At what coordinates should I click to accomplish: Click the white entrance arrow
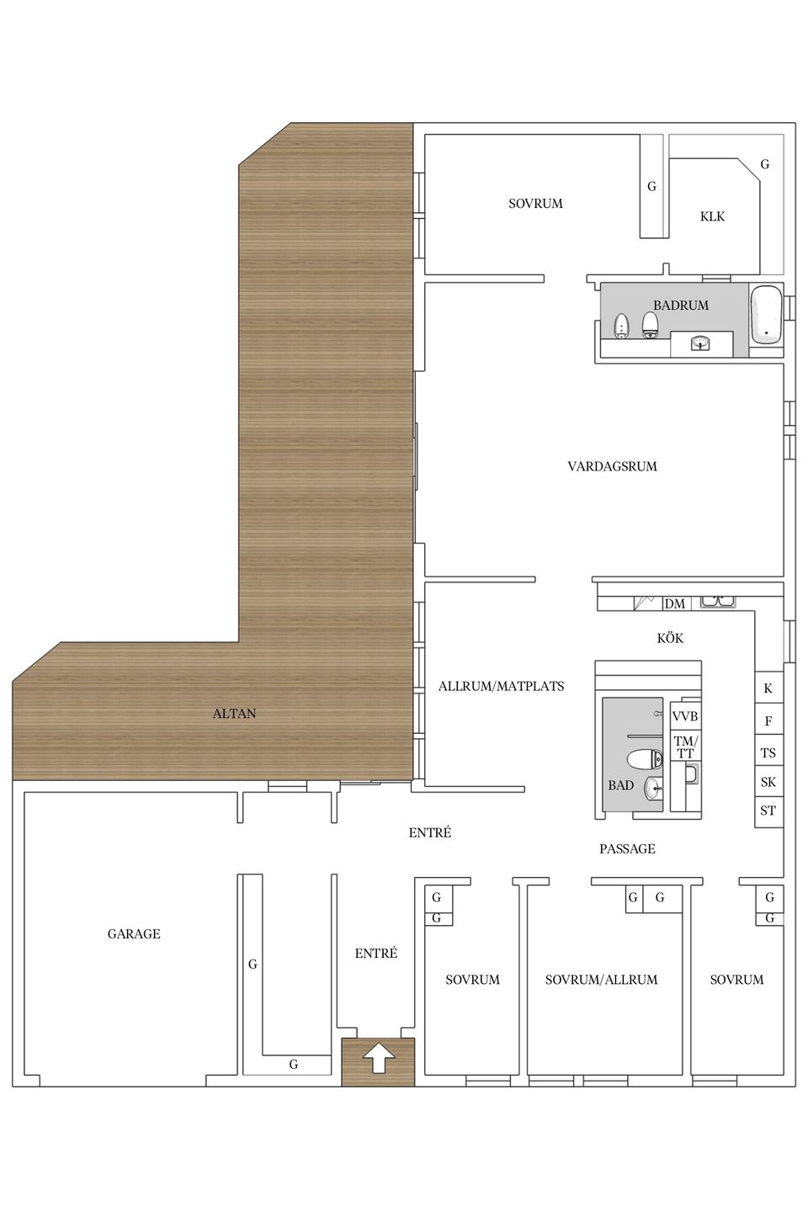pyautogui.click(x=378, y=1058)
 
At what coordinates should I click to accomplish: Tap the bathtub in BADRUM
pyautogui.click(x=766, y=314)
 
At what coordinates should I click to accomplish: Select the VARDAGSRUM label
pyautogui.click(x=612, y=466)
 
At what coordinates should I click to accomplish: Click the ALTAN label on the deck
pyautogui.click(x=234, y=713)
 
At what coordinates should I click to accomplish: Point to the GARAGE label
pyautogui.click(x=134, y=933)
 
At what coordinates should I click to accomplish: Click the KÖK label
pyautogui.click(x=670, y=638)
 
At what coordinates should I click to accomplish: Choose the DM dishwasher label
pyautogui.click(x=674, y=603)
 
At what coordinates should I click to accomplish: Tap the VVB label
pyautogui.click(x=684, y=715)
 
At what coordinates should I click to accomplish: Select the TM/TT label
pyautogui.click(x=685, y=747)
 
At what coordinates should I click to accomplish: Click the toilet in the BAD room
pyautogui.click(x=645, y=759)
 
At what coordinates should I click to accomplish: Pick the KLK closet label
pyautogui.click(x=712, y=216)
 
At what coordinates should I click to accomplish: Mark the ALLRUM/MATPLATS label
pyautogui.click(x=501, y=686)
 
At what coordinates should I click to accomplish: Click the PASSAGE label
pyautogui.click(x=627, y=848)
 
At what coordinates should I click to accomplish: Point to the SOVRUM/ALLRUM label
pyautogui.click(x=601, y=980)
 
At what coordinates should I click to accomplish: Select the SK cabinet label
pyautogui.click(x=768, y=781)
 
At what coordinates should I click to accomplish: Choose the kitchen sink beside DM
pyautogui.click(x=718, y=602)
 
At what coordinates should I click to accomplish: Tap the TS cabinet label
pyautogui.click(x=768, y=752)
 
